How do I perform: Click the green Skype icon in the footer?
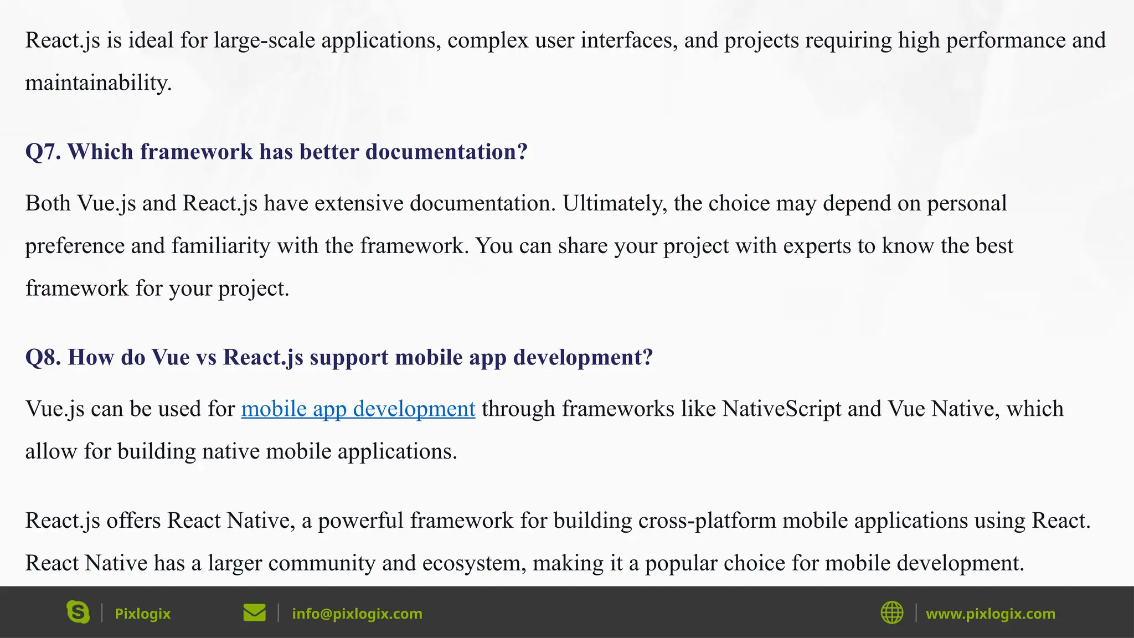point(78,613)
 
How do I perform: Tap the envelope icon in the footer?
point(254,613)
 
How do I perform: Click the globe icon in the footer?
point(891,613)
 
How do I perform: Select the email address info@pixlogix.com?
point(357,614)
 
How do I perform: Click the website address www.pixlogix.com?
point(991,614)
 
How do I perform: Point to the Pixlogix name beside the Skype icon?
point(142,614)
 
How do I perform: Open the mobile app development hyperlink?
point(358,409)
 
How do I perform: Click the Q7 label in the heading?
point(43,152)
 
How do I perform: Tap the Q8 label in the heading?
point(43,357)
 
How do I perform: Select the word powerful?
point(360,521)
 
